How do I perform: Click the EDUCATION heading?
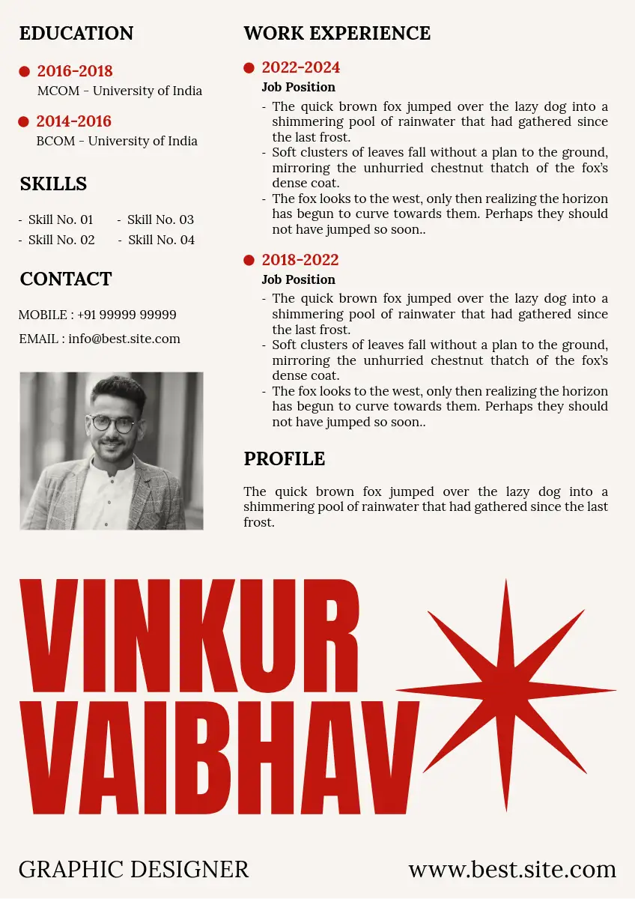click(76, 34)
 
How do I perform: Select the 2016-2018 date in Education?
click(75, 71)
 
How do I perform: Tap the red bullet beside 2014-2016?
click(23, 121)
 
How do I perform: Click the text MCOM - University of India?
click(120, 91)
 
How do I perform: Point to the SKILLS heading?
click(53, 184)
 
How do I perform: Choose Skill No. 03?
click(160, 220)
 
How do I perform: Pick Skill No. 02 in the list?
click(61, 240)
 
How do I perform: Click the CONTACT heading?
click(66, 279)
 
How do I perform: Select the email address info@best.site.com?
click(124, 339)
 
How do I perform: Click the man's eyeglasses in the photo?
click(113, 424)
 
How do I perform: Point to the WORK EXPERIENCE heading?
click(337, 34)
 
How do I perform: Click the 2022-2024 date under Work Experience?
click(301, 67)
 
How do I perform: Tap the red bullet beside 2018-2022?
click(249, 261)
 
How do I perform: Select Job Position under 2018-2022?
click(298, 279)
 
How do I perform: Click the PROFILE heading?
click(285, 458)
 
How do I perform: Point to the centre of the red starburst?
click(506, 691)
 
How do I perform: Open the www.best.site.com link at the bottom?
click(512, 869)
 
